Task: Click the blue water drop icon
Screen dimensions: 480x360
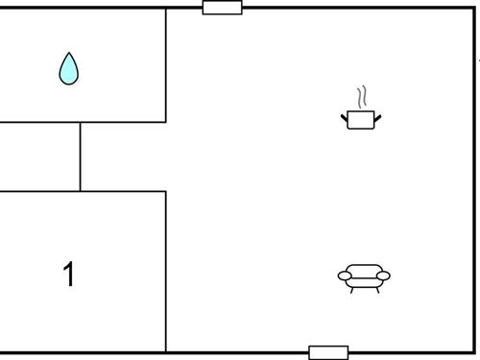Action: coord(68,69)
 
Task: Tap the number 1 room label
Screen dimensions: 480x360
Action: coord(68,275)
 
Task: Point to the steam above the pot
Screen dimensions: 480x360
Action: coord(361,98)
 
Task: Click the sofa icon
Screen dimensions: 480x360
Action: coord(364,276)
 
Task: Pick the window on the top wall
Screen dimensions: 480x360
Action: coord(222,8)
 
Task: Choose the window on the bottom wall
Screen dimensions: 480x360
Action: coord(328,352)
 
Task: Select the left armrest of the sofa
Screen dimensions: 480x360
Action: coord(345,276)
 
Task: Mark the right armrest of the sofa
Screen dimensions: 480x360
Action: coord(383,276)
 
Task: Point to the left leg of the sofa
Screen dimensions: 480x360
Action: coord(352,288)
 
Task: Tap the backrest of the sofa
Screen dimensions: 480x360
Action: coord(364,269)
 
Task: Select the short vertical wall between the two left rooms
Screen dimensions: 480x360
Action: coord(80,156)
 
